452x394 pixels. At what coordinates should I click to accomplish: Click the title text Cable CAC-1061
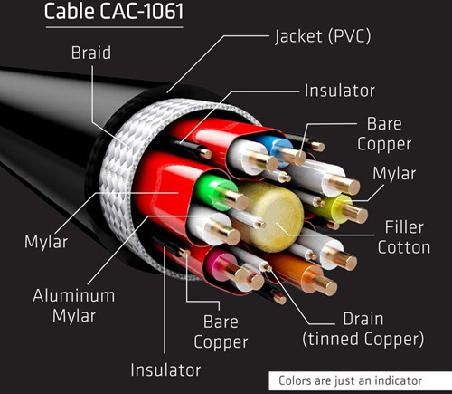coord(114,12)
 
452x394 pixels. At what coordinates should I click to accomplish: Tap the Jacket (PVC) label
coord(323,36)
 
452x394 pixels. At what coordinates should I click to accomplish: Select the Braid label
coord(91,53)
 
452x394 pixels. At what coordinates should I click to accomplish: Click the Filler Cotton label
coord(404,237)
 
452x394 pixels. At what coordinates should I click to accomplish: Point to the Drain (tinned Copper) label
coord(363,329)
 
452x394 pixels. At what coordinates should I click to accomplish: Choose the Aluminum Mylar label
coord(74,305)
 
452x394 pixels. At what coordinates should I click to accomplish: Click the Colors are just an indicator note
coord(350,380)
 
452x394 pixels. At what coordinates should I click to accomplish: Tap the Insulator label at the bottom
coord(165,370)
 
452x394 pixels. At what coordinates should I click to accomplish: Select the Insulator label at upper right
coord(340,91)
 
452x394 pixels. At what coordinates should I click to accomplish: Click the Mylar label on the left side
coord(46,242)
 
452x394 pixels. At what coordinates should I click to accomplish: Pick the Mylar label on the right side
coord(394,174)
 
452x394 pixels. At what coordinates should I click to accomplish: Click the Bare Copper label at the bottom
coord(221,332)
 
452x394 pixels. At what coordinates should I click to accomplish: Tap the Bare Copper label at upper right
coord(384,134)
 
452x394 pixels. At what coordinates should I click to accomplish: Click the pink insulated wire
coord(221,265)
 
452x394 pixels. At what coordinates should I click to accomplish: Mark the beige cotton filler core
coord(271,216)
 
